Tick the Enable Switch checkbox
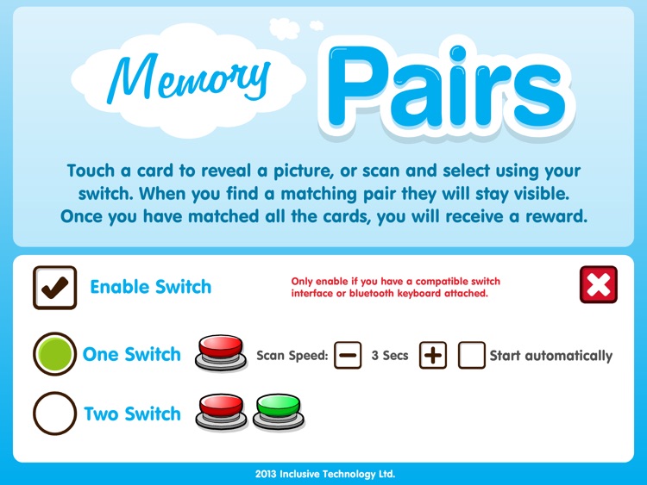pos(54,288)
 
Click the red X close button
pos(599,285)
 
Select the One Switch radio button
pos(55,354)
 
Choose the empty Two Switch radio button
pos(55,414)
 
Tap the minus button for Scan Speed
pos(348,355)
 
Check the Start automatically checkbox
pos(472,355)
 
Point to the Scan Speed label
pos(292,355)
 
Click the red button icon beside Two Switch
pos(222,413)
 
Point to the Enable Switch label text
pos(150,287)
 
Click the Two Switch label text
pos(132,414)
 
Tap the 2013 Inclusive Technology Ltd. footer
pos(324,474)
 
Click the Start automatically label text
pos(550,355)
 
